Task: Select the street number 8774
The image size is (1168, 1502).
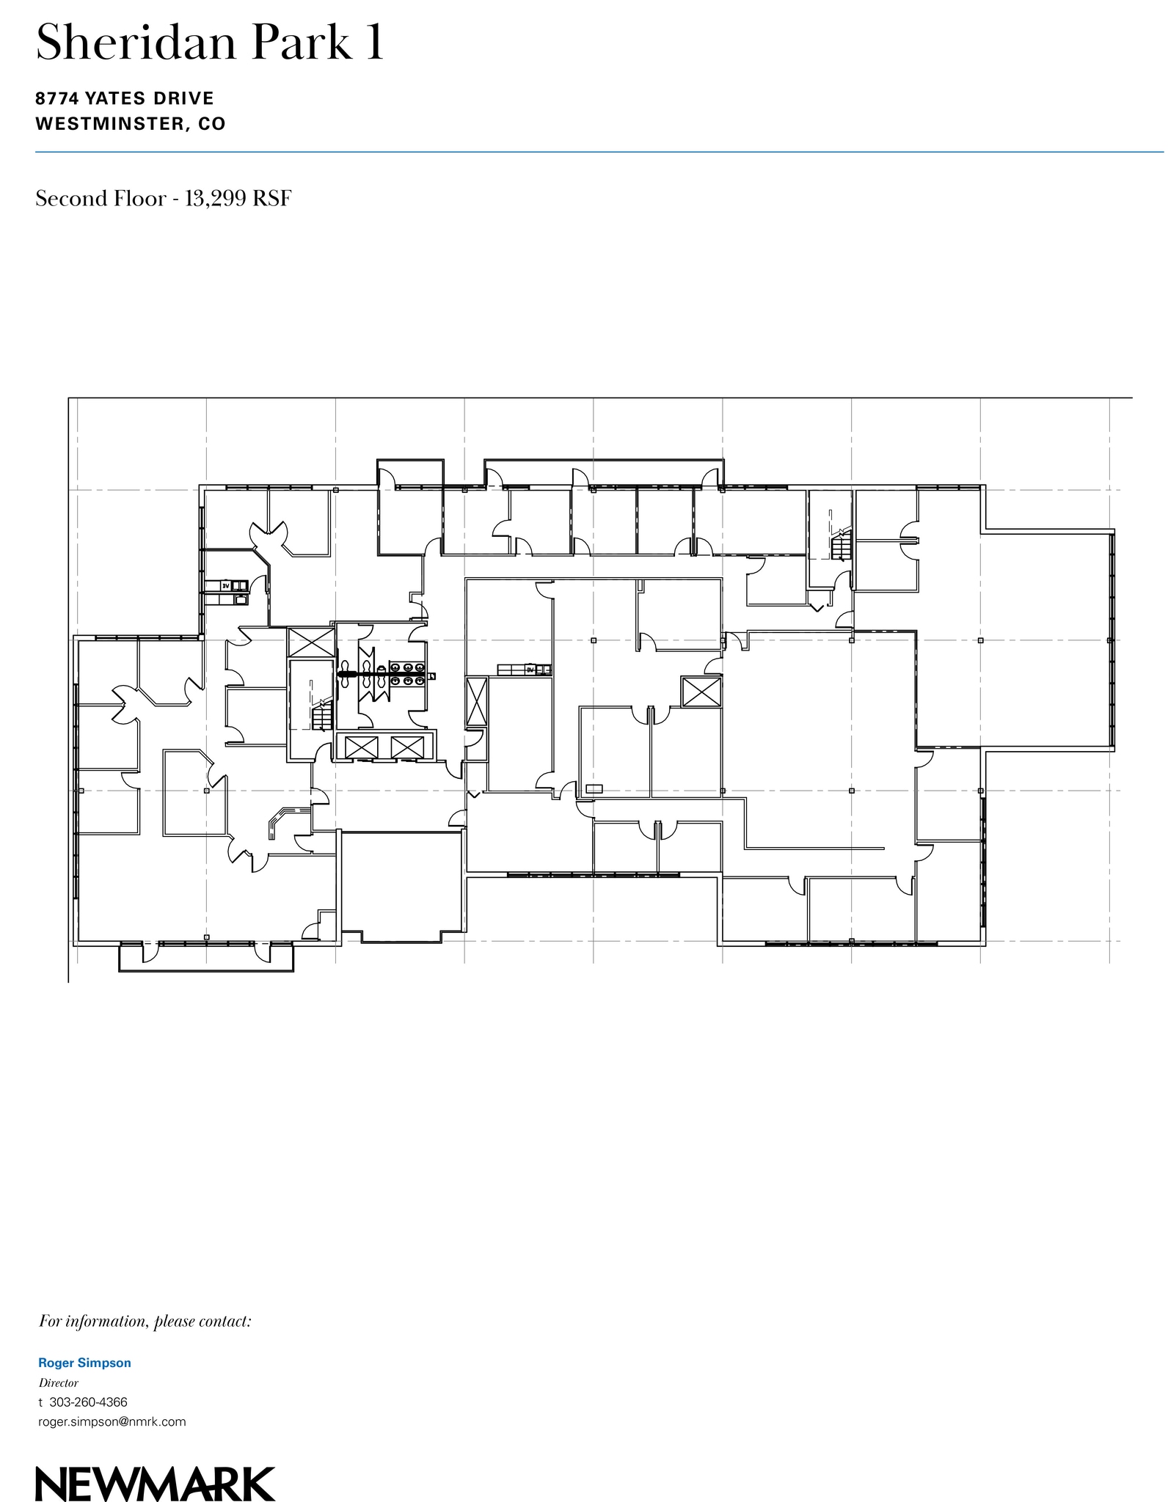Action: (57, 98)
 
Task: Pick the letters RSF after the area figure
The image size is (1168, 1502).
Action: (271, 199)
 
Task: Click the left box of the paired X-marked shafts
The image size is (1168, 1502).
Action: (361, 747)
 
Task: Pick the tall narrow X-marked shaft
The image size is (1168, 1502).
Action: (476, 702)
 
